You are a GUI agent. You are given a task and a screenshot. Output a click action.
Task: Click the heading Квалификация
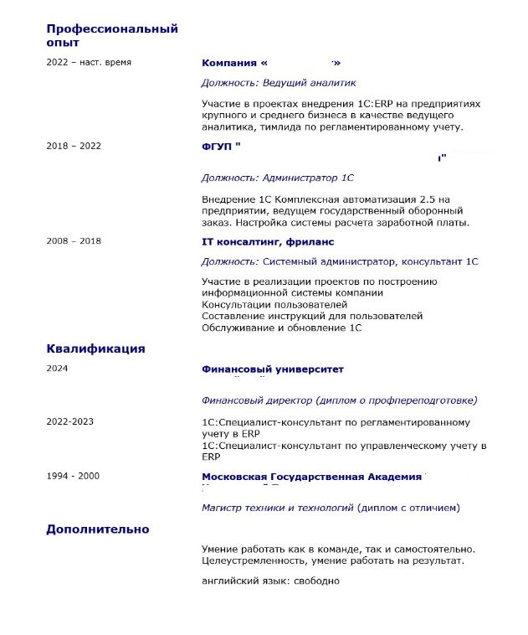[x=95, y=348]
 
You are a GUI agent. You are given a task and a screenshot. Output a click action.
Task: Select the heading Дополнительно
[x=98, y=529]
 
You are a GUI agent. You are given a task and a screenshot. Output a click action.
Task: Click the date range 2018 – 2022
[x=74, y=146]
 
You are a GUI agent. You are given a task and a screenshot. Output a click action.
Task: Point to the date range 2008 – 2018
[x=74, y=241]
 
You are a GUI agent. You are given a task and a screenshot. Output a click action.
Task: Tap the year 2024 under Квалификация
[x=58, y=369]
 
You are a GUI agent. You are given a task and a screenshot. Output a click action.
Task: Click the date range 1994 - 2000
[x=73, y=477]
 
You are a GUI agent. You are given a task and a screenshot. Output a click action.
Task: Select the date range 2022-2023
[x=70, y=421]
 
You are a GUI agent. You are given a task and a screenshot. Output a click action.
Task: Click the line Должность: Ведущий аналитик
[x=279, y=83]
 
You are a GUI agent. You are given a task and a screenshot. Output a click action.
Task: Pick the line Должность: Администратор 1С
[x=278, y=178]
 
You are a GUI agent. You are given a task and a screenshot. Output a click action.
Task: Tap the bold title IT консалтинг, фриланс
[x=268, y=241]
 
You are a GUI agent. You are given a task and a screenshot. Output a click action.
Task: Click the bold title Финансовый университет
[x=273, y=369]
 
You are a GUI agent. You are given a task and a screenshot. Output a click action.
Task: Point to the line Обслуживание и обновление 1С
[x=282, y=328]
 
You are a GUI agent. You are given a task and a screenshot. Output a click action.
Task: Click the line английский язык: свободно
[x=271, y=581]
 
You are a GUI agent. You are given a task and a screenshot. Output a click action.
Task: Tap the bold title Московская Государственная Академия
[x=311, y=477]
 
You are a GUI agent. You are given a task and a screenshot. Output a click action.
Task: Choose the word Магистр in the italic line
[x=223, y=508]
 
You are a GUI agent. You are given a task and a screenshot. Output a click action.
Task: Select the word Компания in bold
[x=229, y=63]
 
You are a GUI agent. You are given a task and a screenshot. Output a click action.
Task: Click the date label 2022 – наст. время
[x=89, y=63]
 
